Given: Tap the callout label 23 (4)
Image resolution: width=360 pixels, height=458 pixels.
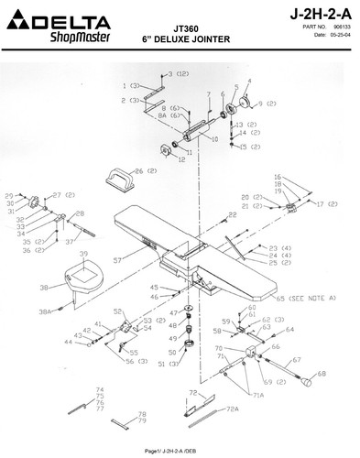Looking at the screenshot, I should pos(280,247).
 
